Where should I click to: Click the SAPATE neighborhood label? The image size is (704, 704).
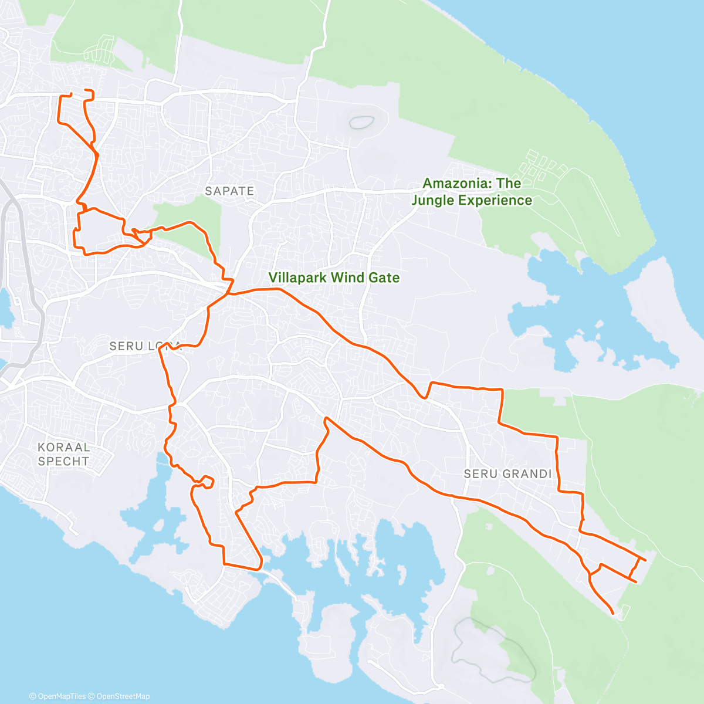[x=229, y=191]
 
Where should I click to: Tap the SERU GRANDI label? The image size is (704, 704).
[x=507, y=474]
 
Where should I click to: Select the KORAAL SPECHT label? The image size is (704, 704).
[x=63, y=455]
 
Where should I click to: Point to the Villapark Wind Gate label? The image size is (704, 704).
[x=334, y=277]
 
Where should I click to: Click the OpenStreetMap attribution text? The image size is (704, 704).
[x=123, y=696]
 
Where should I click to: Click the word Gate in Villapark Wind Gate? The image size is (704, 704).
[x=384, y=277]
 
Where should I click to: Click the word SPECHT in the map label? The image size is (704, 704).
[x=63, y=462]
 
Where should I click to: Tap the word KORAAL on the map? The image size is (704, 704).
[x=63, y=448]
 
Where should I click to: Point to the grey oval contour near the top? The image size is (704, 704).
[x=362, y=122]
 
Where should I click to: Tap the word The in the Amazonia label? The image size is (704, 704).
[x=509, y=184]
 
